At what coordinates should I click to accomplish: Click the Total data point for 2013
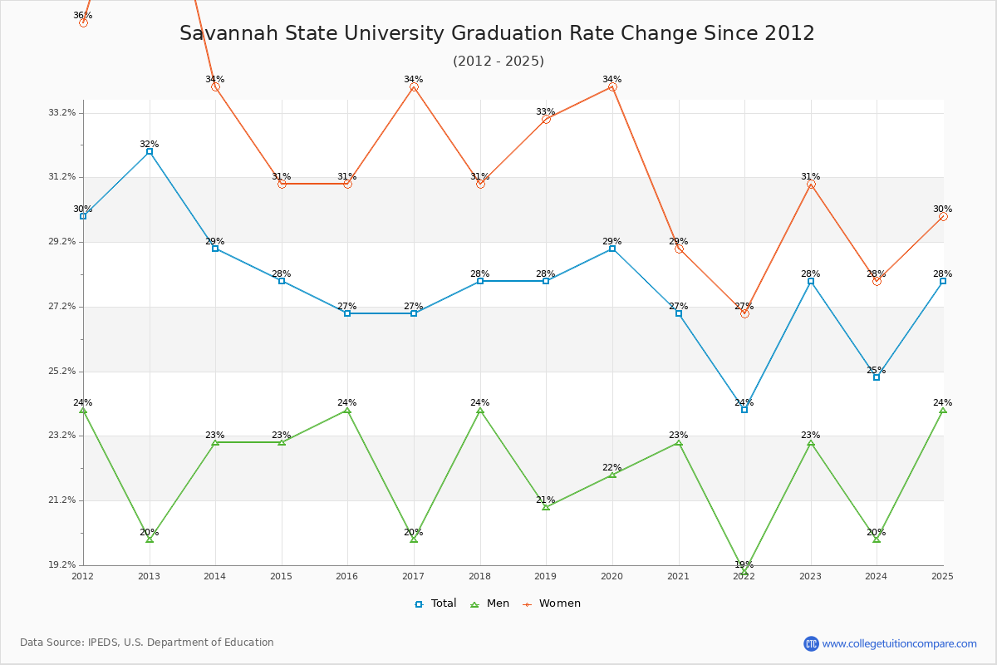[x=150, y=151]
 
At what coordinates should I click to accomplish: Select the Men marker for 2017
[x=414, y=539]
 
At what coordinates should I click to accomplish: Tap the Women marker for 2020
[x=612, y=86]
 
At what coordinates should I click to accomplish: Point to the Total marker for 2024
[x=877, y=377]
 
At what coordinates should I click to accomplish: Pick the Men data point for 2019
[x=546, y=506]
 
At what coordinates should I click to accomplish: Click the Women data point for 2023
[x=811, y=184]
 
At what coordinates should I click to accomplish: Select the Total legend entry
[x=436, y=603]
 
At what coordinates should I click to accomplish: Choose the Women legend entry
[x=551, y=603]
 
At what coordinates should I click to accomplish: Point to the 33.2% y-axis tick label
[x=63, y=112]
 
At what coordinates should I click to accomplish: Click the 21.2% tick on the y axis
[x=63, y=500]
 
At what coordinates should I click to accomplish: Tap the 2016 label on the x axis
[x=347, y=576]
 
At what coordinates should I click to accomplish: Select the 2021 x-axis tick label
[x=678, y=576]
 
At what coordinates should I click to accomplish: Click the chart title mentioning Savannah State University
[x=497, y=33]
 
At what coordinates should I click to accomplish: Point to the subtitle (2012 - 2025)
[x=498, y=61]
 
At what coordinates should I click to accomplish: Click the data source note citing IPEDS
[x=147, y=643]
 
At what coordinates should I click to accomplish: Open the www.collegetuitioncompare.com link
[x=899, y=643]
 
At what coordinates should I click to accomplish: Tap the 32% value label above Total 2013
[x=150, y=144]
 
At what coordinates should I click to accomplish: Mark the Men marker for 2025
[x=943, y=410]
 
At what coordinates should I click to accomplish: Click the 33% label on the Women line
[x=546, y=111]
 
